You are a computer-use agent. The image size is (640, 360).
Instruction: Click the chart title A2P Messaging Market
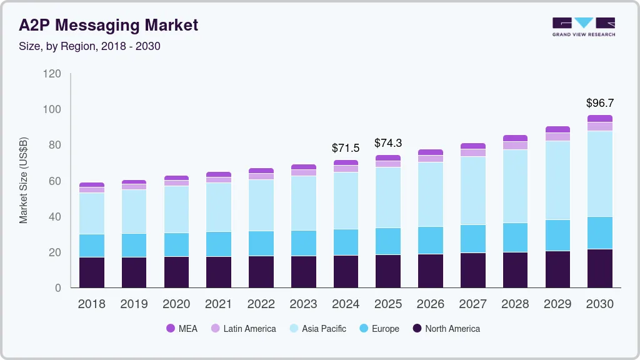pos(108,25)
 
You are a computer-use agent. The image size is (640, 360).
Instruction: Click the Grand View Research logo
pos(583,27)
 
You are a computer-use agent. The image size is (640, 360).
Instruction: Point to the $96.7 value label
pos(599,102)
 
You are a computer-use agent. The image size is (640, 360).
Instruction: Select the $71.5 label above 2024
pos(346,148)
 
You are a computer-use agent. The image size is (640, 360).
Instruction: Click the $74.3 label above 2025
pos(387,143)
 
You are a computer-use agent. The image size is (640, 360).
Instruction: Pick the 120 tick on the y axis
pos(52,74)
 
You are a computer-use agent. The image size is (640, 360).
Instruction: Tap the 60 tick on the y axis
pos(55,181)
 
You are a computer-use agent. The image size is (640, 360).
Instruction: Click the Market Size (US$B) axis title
pos(24,181)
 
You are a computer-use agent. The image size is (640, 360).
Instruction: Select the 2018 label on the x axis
pos(91,304)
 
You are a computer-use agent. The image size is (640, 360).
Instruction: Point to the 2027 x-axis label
pos(472,304)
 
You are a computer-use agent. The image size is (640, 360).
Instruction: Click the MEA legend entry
pos(181,329)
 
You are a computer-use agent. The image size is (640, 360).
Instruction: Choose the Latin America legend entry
pos(243,329)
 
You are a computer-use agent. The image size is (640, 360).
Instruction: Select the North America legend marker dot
pos(417,329)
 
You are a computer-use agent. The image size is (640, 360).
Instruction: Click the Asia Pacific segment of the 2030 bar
pos(599,174)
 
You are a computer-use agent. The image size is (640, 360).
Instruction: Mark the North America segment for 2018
pos(91,272)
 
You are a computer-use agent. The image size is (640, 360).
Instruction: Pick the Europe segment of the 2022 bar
pos(261,243)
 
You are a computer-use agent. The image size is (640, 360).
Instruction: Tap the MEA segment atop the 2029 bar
pos(557,129)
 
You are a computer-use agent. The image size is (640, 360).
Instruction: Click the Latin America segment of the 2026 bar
pos(430,159)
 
